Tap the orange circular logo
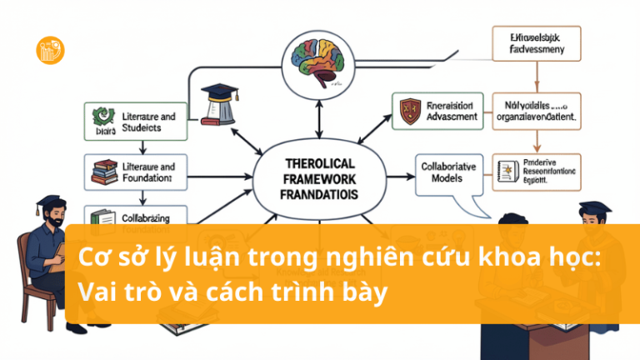51,49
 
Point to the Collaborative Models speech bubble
448,172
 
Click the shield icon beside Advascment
409,112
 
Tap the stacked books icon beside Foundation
103,172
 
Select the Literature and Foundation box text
147,172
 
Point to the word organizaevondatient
534,118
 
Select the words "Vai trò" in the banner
109,292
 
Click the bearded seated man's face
48,222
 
